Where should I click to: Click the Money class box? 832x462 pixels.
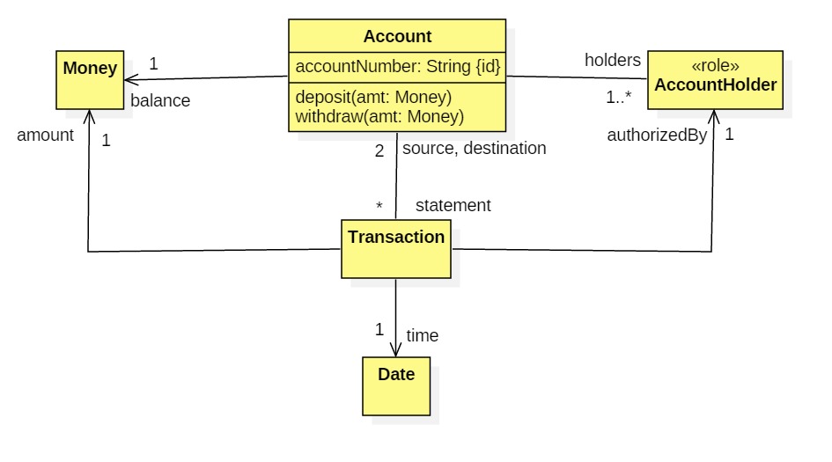point(90,79)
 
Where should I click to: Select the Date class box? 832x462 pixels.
point(396,385)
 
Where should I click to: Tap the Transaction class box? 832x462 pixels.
point(396,249)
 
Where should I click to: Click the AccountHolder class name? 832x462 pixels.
point(715,85)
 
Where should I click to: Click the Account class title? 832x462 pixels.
point(397,37)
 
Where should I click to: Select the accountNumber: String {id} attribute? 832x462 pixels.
point(397,66)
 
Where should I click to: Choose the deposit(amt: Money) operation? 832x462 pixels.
point(374,97)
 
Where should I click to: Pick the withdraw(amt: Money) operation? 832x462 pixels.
point(379,115)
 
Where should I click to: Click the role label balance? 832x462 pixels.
point(160,100)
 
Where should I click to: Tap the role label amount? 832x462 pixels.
point(45,136)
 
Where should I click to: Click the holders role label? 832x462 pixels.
point(613,60)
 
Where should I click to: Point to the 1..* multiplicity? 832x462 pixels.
point(619,99)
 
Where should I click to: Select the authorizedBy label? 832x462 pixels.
point(657,136)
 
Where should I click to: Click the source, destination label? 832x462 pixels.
point(474,148)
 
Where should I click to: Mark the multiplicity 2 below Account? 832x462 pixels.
point(379,150)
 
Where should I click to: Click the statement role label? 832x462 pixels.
point(453,205)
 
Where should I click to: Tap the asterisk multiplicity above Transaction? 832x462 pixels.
point(379,208)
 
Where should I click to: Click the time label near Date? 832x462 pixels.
point(422,335)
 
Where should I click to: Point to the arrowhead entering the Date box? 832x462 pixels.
point(396,350)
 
